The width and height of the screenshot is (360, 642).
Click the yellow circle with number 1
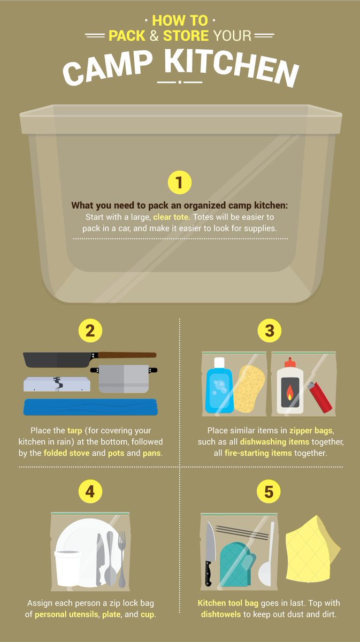point(179,183)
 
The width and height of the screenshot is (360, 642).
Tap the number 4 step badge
point(90,492)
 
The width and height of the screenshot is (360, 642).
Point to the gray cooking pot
point(124,378)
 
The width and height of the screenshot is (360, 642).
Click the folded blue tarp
point(89,407)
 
